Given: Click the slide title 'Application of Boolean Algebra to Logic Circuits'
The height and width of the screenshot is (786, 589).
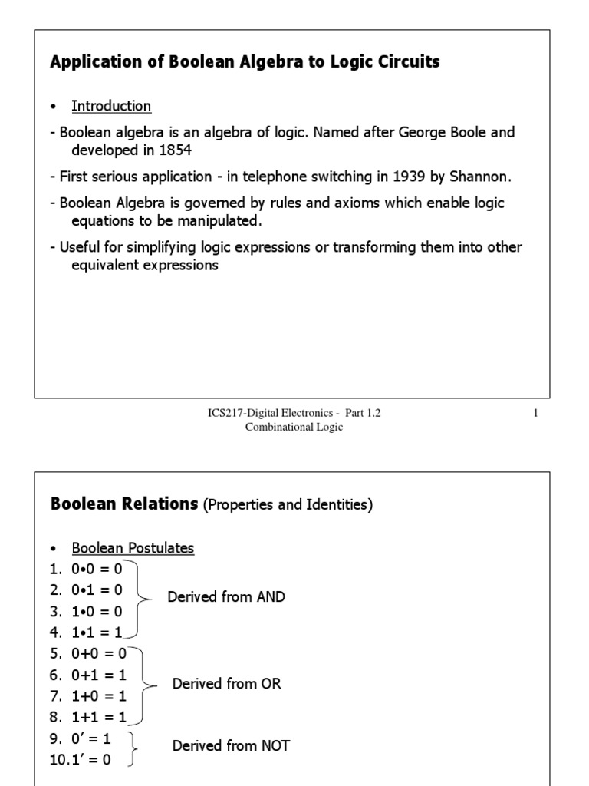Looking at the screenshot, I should click(245, 63).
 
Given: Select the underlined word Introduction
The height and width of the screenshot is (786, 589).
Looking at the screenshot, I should click(111, 106).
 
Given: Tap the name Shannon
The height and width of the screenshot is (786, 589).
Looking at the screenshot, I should click(481, 177).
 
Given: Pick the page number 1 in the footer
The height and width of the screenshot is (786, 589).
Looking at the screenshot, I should click(536, 414).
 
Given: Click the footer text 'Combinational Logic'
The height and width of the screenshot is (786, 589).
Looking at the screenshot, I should click(294, 428).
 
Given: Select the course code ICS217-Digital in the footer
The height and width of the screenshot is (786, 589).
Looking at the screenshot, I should click(241, 414).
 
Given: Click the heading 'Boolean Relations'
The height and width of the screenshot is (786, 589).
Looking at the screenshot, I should click(123, 504).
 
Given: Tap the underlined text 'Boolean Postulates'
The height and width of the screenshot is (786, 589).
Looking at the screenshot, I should click(133, 548).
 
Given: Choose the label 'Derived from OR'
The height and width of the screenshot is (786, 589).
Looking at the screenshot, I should click(226, 683).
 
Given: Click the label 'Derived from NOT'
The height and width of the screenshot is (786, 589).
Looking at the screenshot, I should click(231, 745).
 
